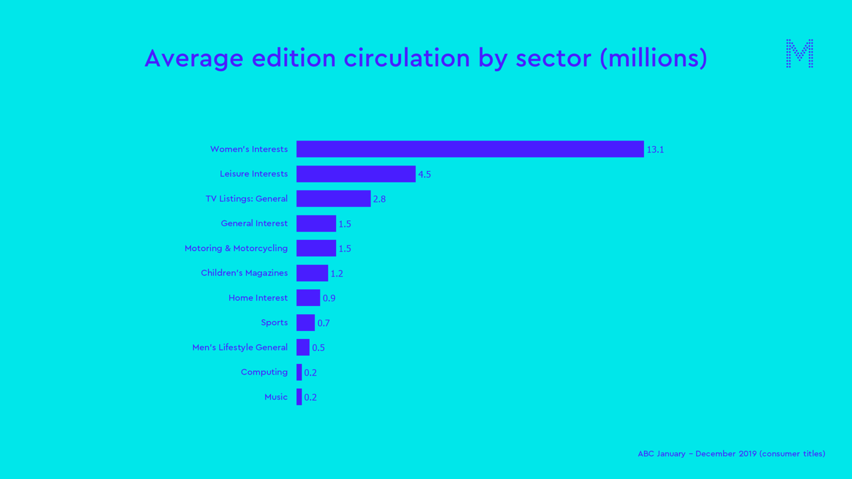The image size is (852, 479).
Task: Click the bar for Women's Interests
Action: point(470,149)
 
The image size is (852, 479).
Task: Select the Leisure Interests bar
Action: point(356,174)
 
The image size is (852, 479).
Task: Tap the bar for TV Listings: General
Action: point(333,199)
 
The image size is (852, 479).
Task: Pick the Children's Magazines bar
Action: point(312,273)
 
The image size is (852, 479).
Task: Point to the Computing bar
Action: point(299,372)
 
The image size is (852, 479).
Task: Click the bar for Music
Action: point(299,397)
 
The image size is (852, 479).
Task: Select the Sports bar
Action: point(305,323)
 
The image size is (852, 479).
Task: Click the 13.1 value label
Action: point(655,150)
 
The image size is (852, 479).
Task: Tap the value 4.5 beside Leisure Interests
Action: point(424,174)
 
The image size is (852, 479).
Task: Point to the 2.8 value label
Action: point(379,199)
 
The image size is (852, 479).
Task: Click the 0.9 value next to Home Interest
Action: point(329,298)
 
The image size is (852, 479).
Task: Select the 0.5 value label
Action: point(318,348)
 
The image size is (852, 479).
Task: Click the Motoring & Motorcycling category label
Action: point(236,248)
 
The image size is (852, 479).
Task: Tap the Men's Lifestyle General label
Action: point(240,347)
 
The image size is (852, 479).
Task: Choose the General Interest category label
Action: point(254,223)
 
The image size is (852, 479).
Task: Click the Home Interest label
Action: point(258,298)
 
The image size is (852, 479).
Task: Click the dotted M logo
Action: point(799,53)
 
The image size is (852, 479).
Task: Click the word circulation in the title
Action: point(406,58)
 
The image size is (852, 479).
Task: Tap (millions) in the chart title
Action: point(653,58)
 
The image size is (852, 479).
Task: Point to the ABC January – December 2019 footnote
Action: point(731,454)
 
